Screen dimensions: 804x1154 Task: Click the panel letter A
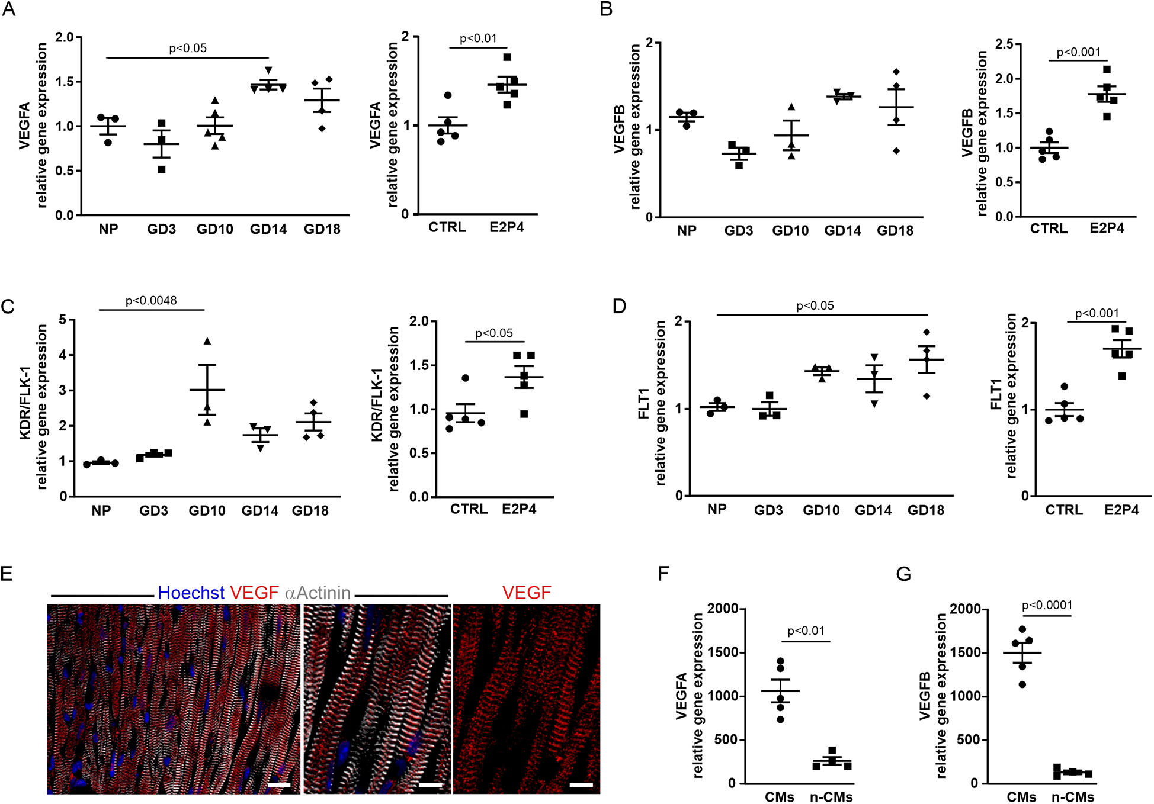coord(9,10)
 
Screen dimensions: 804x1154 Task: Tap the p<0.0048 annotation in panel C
coord(151,301)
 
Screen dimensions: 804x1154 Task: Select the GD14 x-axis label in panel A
coord(268,229)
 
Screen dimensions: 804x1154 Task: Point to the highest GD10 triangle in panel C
coord(207,341)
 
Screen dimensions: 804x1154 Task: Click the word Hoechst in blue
coord(191,593)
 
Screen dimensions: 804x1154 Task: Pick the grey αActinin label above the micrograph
coord(318,593)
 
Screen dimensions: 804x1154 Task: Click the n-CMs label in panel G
coord(1072,797)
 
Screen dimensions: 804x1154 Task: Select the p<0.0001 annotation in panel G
coord(1047,605)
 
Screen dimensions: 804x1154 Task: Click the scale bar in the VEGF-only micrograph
coord(581,785)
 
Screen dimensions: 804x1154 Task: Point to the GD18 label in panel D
coord(925,510)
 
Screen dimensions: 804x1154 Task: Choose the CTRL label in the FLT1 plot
coord(1064,510)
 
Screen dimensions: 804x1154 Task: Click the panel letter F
coord(664,574)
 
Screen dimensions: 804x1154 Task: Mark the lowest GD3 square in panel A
coord(161,169)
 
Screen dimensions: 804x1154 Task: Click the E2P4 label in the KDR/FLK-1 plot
coord(519,509)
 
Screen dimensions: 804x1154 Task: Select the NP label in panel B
coord(687,230)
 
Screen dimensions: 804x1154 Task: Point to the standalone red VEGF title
coord(526,593)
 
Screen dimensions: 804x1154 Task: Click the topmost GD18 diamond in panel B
coord(896,72)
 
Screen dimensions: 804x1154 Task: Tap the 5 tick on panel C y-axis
coord(63,320)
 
